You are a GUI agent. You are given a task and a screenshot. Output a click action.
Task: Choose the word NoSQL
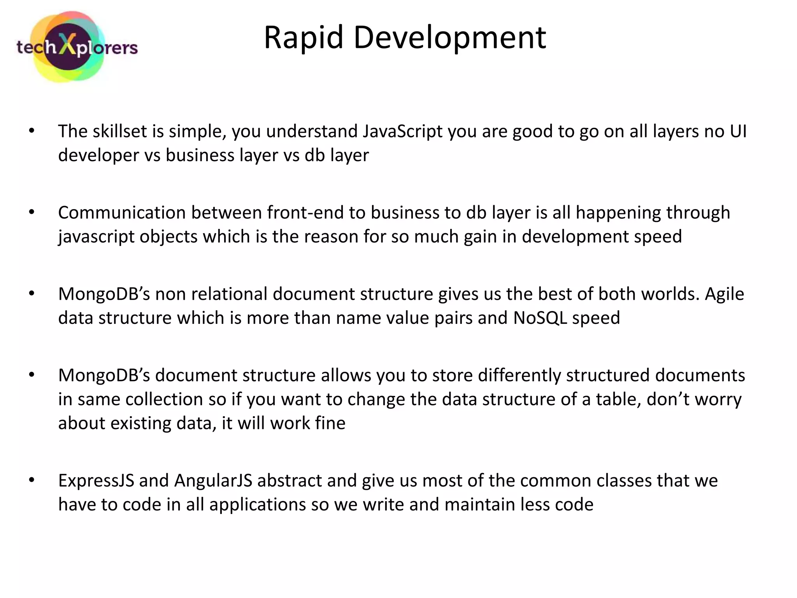(540, 318)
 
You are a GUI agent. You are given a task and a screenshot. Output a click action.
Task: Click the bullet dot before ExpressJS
(32, 480)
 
